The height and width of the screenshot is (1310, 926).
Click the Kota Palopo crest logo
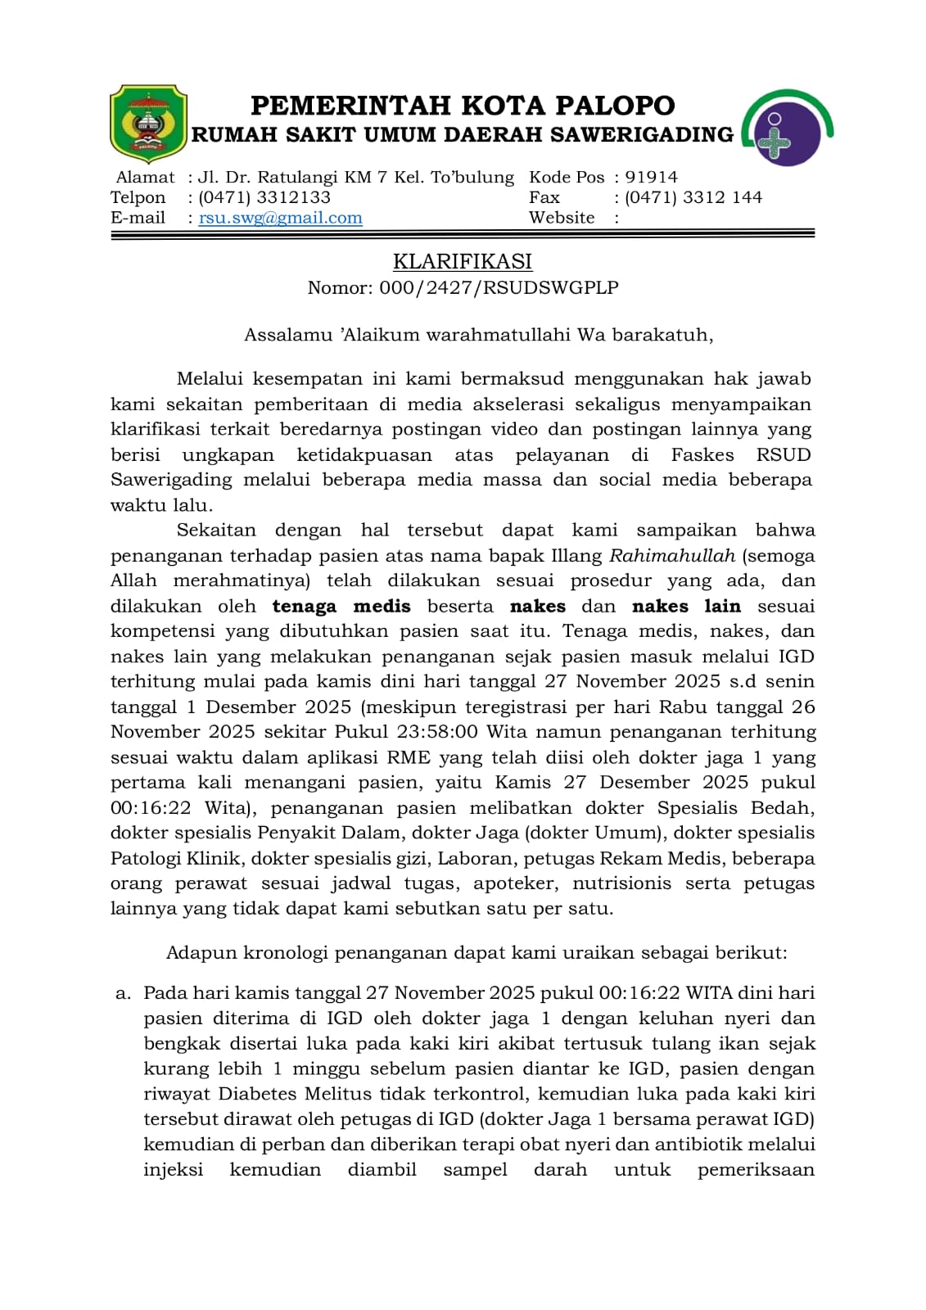coord(148,124)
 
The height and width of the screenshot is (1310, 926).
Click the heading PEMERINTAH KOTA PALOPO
coord(463,106)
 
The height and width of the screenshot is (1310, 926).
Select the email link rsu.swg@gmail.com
coord(280,218)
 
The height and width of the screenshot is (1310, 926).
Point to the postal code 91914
coord(651,177)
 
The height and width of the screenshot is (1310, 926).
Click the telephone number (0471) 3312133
coord(264,197)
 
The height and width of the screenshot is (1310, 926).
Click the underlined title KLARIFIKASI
coord(463,261)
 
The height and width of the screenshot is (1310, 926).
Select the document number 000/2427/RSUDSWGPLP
coord(499,287)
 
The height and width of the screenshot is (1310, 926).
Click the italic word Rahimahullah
coord(671,556)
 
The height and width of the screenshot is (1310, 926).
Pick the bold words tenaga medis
coord(341,607)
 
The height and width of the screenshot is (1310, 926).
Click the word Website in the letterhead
coord(562,218)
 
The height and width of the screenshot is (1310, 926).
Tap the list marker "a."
coord(123,993)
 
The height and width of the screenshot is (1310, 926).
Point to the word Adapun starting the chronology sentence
coord(197,953)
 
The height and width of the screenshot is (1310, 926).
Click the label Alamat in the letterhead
coord(146,177)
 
